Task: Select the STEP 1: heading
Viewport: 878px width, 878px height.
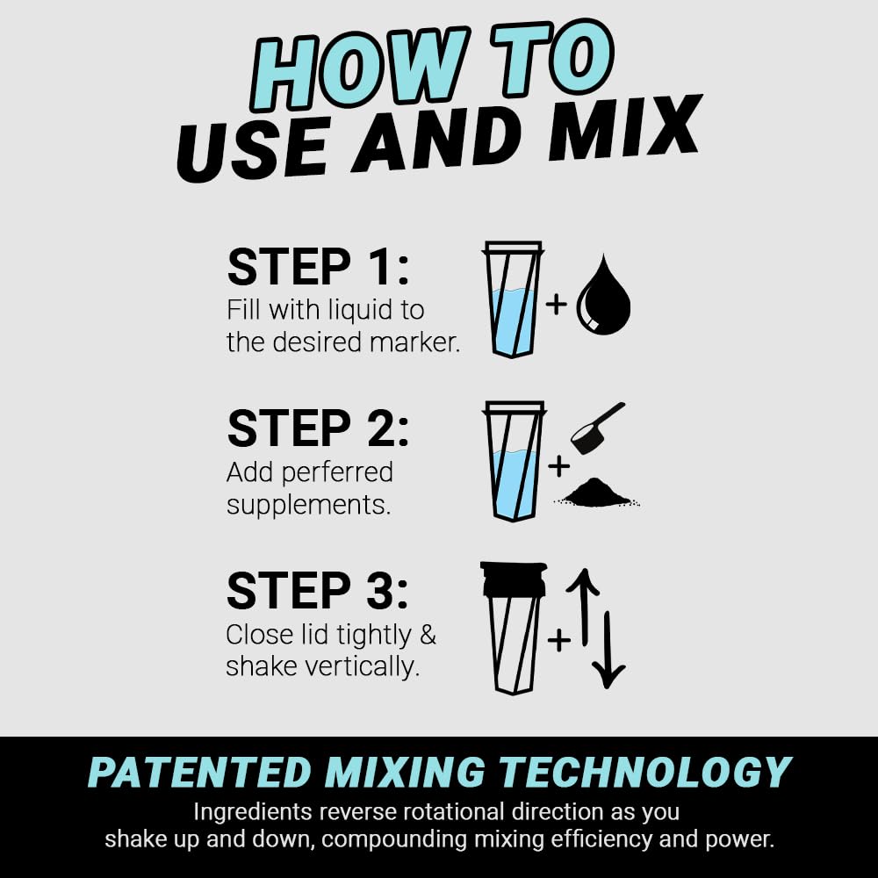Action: point(318,268)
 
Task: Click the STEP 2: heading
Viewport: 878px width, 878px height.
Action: point(318,429)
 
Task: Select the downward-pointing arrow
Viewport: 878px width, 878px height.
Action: point(608,650)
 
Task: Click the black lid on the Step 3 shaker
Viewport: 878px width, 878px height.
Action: point(514,579)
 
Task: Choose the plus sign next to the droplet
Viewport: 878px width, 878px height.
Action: point(557,305)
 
